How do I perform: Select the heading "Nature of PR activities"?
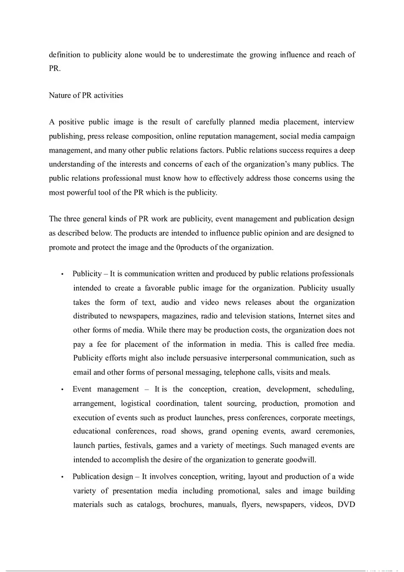86,95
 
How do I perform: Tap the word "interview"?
339,122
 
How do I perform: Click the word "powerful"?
77,192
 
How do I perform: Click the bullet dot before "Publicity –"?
62,274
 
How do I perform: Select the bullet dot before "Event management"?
62,390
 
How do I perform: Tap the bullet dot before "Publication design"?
62,477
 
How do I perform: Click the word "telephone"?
241,372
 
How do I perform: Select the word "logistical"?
139,404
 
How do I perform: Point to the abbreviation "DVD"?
346,505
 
